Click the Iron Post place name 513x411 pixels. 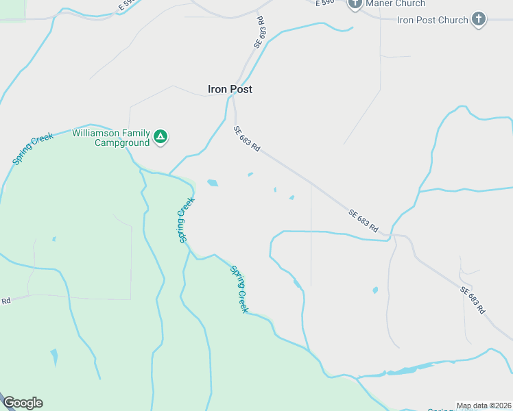tap(230, 89)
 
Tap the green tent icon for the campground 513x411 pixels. tap(160, 137)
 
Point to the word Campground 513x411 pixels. tap(122, 142)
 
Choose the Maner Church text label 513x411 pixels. tap(396, 3)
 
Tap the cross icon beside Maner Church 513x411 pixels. tap(355, 4)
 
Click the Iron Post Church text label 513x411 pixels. tap(432, 20)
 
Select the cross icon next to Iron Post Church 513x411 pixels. tap(479, 19)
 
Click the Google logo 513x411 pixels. tap(23, 403)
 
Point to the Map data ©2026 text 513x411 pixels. tap(484, 406)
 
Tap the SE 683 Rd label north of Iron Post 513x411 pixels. tap(259, 32)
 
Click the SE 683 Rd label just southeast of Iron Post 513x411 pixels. tap(247, 139)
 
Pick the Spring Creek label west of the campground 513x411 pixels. tap(32, 149)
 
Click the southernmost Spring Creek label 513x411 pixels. tap(239, 289)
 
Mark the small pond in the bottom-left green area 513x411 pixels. tap(54, 357)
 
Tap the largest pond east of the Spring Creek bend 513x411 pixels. tap(213, 183)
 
